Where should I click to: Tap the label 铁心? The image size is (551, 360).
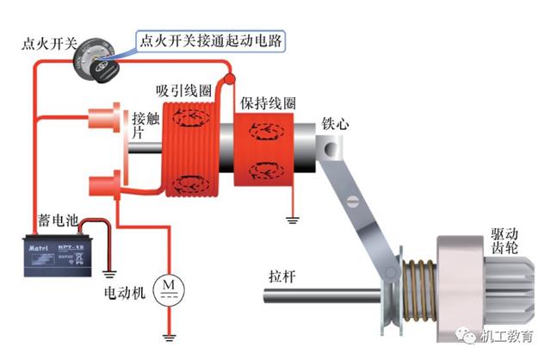pyautogui.click(x=336, y=123)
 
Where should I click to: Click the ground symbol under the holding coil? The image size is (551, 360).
pyautogui.click(x=293, y=219)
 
